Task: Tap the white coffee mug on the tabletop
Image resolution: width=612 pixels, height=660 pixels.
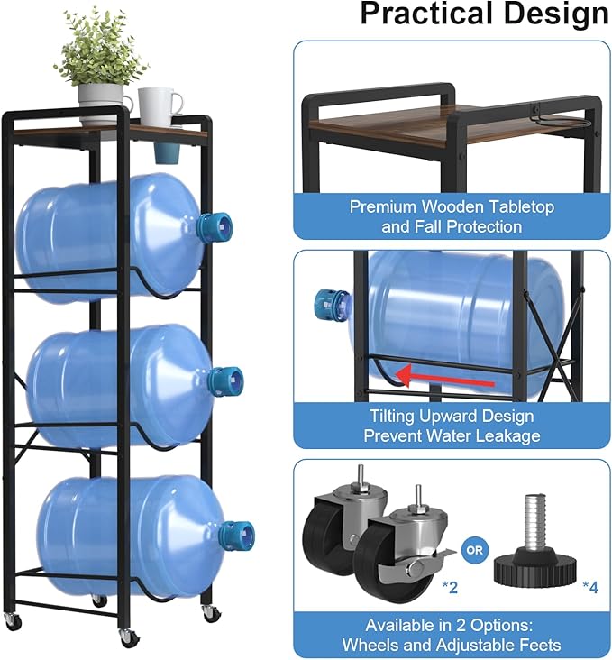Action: click(159, 106)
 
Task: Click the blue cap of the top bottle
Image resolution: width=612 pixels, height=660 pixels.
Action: click(215, 226)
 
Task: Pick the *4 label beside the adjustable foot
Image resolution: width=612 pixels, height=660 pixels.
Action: click(589, 588)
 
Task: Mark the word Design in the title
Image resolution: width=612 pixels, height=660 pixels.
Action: click(549, 14)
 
